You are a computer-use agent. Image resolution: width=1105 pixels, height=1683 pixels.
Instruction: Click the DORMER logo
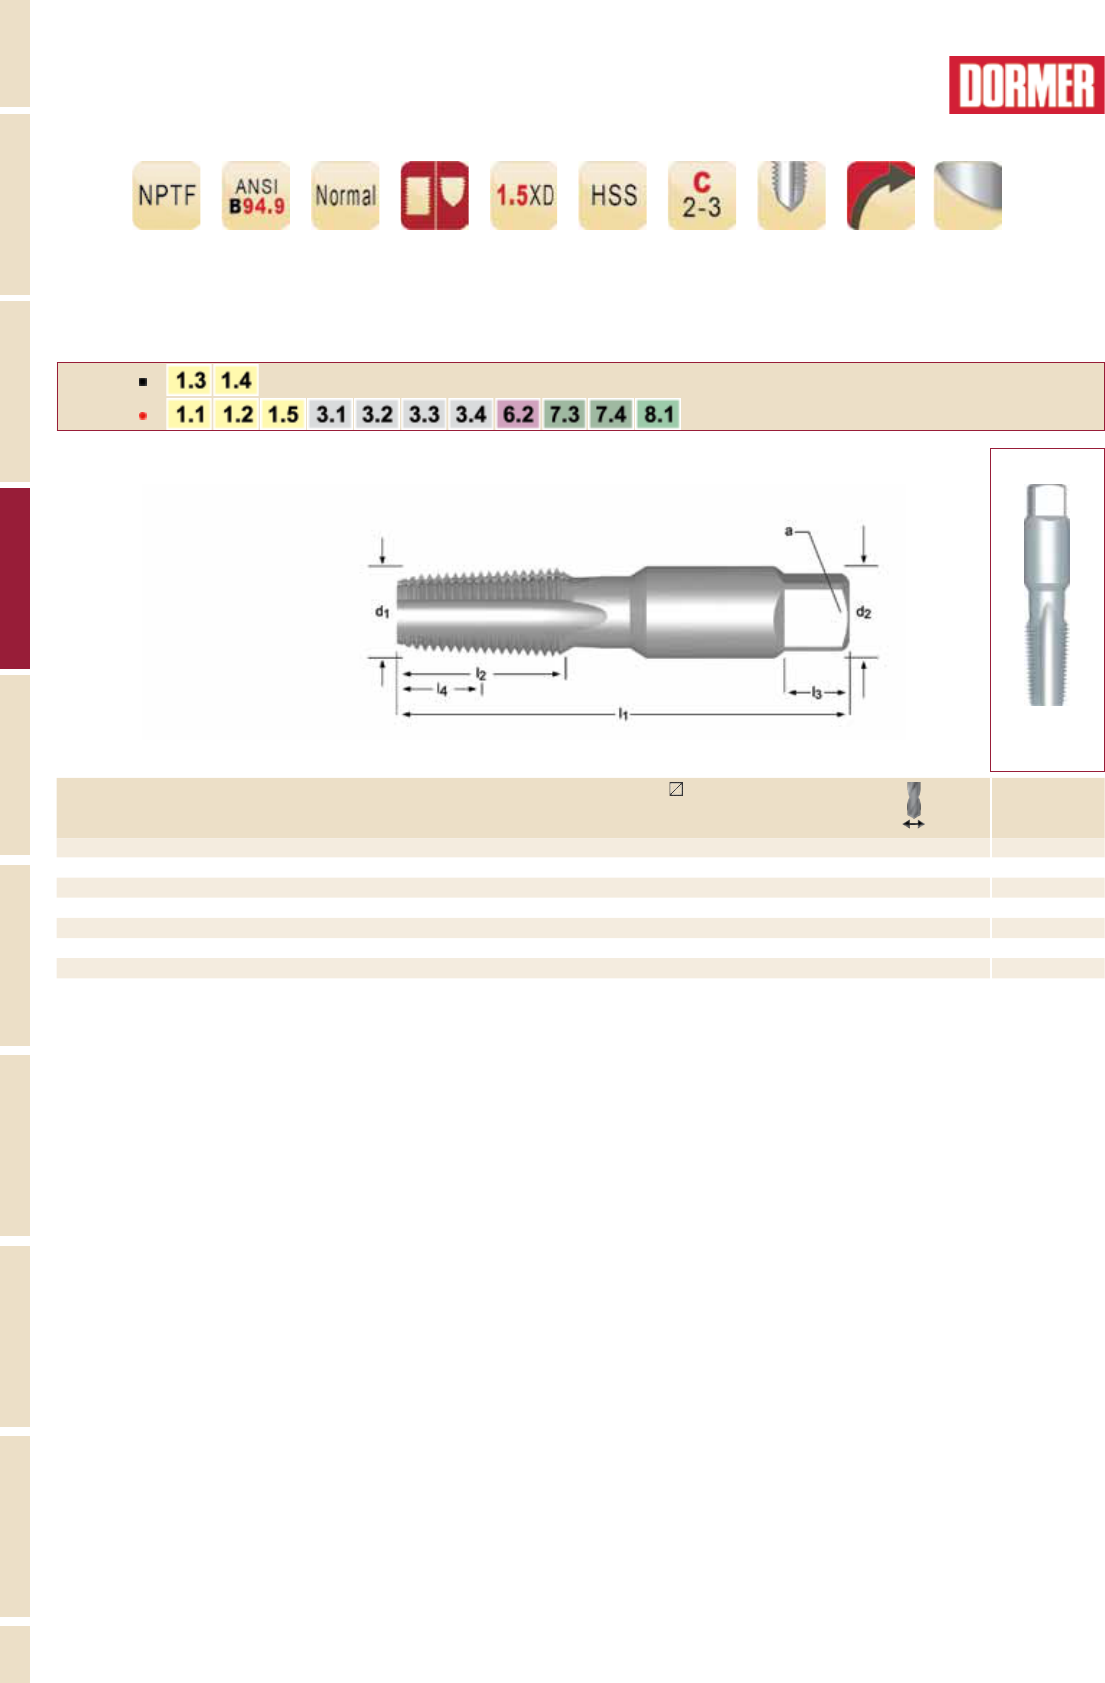click(1026, 85)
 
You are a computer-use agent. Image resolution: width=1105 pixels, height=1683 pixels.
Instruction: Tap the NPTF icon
click(166, 195)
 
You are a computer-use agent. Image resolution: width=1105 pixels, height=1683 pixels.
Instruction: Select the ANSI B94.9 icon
click(256, 195)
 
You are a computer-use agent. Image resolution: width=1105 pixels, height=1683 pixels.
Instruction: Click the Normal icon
click(345, 195)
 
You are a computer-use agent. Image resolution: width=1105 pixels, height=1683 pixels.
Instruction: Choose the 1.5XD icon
click(524, 195)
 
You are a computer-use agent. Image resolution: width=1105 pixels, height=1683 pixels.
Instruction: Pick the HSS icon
click(613, 195)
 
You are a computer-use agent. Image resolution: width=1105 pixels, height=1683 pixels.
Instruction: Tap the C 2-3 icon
click(702, 195)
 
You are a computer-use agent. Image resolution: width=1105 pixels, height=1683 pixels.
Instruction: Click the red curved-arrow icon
click(881, 195)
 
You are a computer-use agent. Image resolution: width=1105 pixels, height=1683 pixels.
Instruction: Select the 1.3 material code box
click(189, 380)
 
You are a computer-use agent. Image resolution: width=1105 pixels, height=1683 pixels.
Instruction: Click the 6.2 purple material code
click(518, 414)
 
